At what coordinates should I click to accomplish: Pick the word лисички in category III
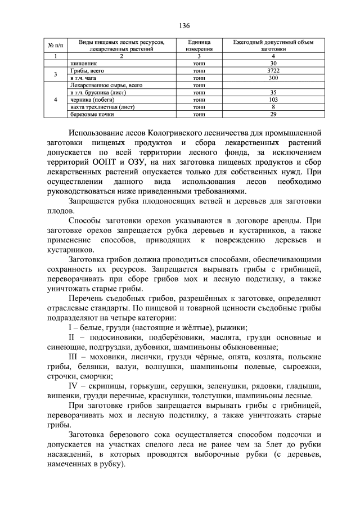pyautogui.click(x=139, y=357)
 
